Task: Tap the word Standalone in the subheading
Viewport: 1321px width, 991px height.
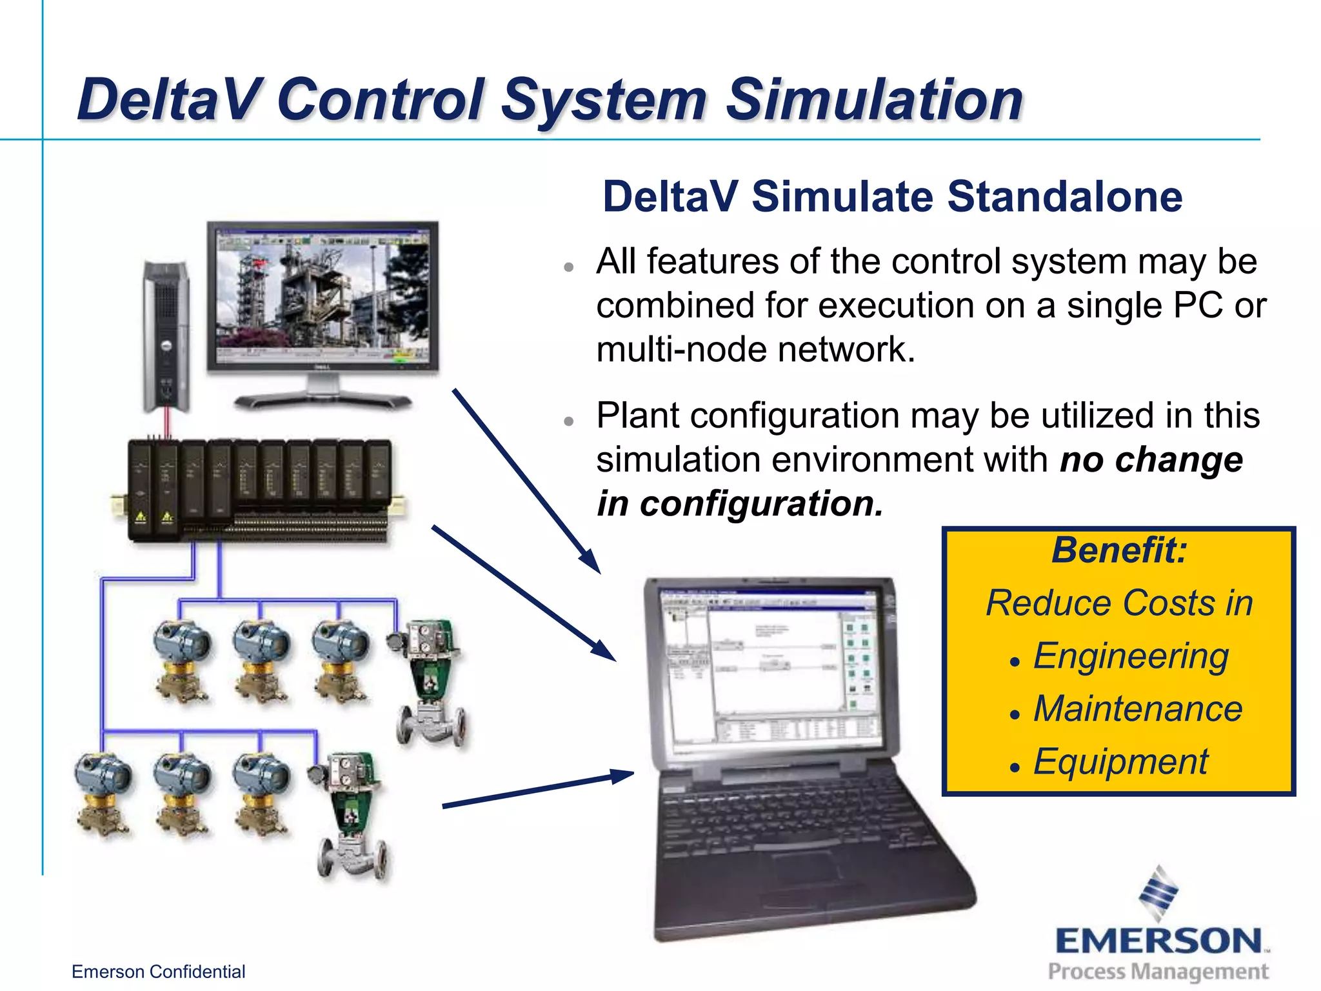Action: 1064,197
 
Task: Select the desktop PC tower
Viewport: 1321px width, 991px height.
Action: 166,335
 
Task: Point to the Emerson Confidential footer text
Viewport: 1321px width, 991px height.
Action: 158,972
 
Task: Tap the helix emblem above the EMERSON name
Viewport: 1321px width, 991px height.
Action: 1158,893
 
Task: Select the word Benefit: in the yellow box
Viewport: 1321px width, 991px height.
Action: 1119,550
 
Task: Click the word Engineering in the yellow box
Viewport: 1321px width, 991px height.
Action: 1131,656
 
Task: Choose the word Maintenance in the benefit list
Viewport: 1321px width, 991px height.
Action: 1138,709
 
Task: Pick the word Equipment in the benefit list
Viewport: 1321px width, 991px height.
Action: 1120,762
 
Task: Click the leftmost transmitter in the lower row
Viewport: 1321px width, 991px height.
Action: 103,794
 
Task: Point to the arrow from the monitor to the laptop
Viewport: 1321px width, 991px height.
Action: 526,481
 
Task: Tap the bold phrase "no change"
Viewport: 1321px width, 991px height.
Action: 1151,460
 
